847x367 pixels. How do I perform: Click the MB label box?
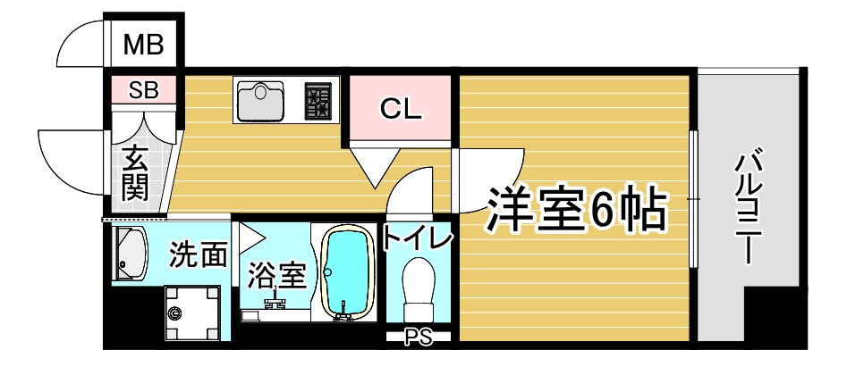(x=143, y=43)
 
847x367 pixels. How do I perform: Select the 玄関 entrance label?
(x=136, y=173)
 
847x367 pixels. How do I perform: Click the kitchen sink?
(x=261, y=100)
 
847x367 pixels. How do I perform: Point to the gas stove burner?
(x=318, y=100)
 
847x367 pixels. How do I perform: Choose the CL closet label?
(x=400, y=109)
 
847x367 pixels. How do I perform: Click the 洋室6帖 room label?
(x=577, y=211)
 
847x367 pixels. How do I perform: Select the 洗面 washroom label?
(x=198, y=256)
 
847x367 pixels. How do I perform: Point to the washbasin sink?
(x=130, y=253)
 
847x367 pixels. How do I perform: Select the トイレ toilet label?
(x=418, y=238)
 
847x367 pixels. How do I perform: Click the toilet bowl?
(x=418, y=284)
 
